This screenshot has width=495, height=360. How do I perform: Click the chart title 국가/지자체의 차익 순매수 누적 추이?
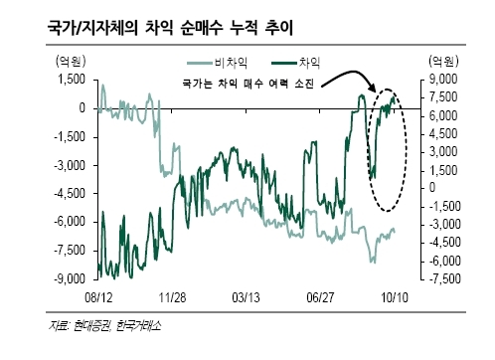(x=170, y=27)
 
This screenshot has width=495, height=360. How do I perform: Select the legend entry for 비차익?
(x=218, y=63)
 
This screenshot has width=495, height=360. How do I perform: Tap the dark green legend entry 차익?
(x=295, y=63)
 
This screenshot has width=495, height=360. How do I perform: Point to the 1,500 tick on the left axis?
(x=72, y=80)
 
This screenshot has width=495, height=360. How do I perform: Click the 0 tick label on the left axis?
(x=82, y=108)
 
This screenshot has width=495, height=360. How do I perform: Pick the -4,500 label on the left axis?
(x=70, y=194)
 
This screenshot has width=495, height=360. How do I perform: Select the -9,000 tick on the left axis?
(x=70, y=279)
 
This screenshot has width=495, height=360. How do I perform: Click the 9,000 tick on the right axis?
(x=443, y=80)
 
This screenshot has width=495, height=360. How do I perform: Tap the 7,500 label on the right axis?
(x=443, y=97)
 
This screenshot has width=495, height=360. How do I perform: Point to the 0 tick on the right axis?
(x=432, y=188)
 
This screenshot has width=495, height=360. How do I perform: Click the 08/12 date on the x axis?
(x=98, y=297)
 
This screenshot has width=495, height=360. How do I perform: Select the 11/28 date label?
(x=172, y=297)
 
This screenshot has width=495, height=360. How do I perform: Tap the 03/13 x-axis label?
(x=247, y=297)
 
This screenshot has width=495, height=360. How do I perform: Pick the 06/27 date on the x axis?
(x=320, y=297)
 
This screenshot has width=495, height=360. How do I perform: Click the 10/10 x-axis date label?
(x=395, y=297)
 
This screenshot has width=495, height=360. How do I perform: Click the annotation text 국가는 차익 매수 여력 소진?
(x=247, y=84)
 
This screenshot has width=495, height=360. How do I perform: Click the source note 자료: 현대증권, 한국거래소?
(x=105, y=326)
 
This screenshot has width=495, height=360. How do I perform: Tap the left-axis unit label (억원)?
(x=71, y=61)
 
